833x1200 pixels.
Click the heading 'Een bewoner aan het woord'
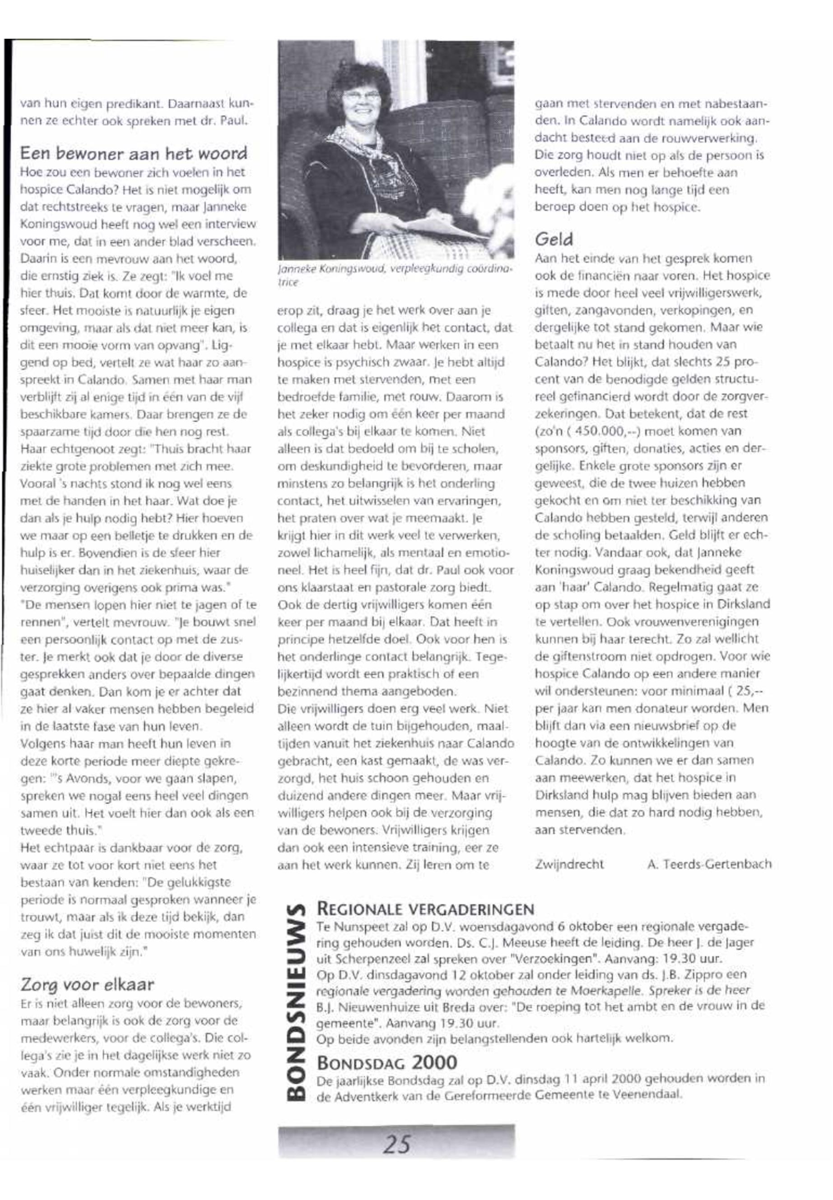coord(134,154)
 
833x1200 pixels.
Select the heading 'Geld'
coord(554,239)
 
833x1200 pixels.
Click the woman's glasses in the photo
coord(362,96)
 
